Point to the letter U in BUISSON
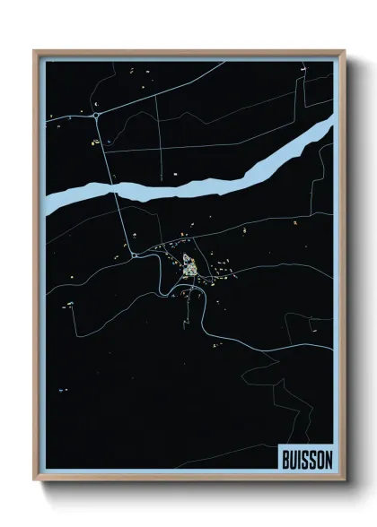tap(294, 456)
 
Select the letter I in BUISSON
tap(300, 456)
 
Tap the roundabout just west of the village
tap(135, 255)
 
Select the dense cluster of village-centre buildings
tap(190, 266)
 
